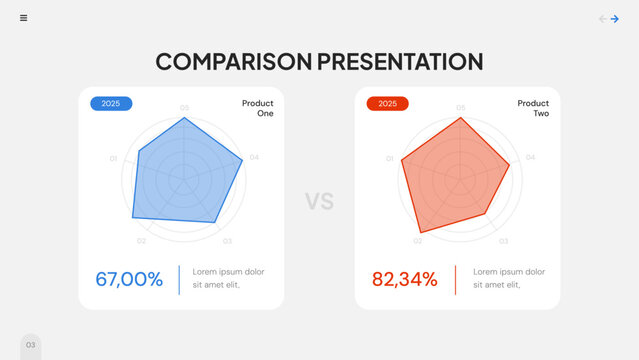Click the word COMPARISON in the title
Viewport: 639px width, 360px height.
(x=233, y=61)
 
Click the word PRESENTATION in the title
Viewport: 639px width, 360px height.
(x=400, y=61)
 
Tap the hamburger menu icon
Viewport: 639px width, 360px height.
(x=24, y=18)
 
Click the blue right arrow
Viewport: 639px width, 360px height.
(x=615, y=18)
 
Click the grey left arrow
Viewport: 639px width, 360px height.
(x=602, y=18)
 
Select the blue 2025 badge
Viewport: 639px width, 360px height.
(x=111, y=103)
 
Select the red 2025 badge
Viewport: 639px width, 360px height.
(x=387, y=103)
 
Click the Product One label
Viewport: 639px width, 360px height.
(x=257, y=108)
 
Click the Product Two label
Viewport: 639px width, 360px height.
(x=533, y=108)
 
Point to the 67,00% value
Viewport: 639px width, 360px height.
(x=129, y=279)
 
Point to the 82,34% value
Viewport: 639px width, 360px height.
(x=405, y=279)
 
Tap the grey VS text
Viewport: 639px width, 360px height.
(x=319, y=201)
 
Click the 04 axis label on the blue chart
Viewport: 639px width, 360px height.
(x=254, y=157)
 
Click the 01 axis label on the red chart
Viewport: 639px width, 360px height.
(x=390, y=158)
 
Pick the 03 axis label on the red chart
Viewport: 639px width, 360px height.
(x=503, y=241)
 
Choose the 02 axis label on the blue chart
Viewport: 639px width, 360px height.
(x=141, y=241)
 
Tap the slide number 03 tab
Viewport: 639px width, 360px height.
(x=31, y=345)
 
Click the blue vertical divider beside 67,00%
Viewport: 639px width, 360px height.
(x=179, y=279)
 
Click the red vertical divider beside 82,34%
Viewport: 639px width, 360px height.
(x=455, y=279)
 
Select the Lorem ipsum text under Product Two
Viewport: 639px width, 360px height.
(x=509, y=278)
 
